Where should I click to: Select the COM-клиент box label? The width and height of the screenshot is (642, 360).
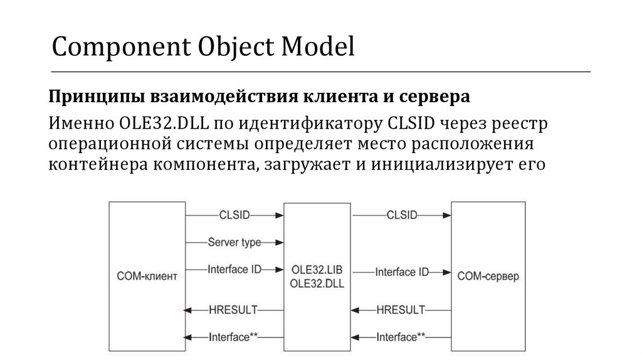click(145, 276)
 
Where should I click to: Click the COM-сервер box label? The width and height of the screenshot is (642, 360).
click(488, 276)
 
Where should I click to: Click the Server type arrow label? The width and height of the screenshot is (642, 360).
click(234, 241)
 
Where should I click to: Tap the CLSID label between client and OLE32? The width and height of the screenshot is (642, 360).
click(234, 214)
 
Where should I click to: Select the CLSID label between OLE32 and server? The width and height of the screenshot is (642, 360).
click(402, 214)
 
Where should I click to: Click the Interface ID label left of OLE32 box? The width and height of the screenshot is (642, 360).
click(234, 270)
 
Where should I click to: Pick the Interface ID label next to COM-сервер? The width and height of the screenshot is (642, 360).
click(402, 273)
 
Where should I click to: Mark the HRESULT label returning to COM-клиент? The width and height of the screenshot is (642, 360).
click(234, 309)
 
